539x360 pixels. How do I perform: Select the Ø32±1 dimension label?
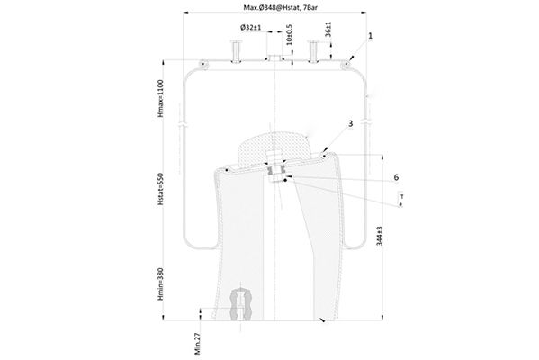coord(250,27)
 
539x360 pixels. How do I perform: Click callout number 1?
coord(370,36)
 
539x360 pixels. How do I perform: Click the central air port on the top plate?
coord(273,59)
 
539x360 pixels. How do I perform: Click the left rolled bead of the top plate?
coord(203,63)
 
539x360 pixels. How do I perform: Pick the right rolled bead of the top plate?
coord(346,63)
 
